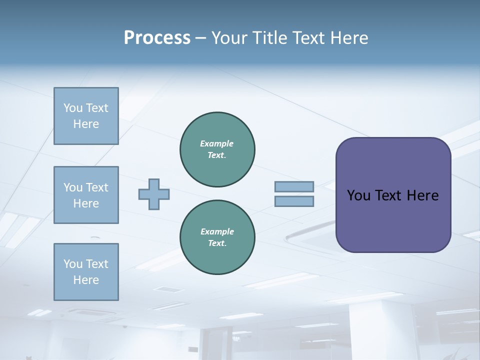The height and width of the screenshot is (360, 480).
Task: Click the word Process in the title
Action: tap(157, 38)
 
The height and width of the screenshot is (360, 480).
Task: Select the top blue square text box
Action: tap(86, 116)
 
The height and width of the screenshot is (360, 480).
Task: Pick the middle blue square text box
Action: tap(86, 195)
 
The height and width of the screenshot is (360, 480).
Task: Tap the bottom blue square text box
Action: tap(86, 272)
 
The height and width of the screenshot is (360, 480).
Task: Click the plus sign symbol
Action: tap(154, 194)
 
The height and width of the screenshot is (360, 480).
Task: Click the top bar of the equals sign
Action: tap(294, 186)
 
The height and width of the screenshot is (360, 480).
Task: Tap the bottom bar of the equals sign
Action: tap(294, 201)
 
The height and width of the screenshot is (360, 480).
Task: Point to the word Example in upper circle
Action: tap(216, 143)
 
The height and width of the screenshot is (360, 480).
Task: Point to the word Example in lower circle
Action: tap(217, 231)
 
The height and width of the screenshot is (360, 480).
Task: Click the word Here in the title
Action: tap(350, 38)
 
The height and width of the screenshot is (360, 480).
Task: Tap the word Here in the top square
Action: tap(86, 124)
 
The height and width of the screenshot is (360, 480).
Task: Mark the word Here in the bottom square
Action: tap(86, 280)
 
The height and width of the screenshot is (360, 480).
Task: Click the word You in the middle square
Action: tap(73, 187)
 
